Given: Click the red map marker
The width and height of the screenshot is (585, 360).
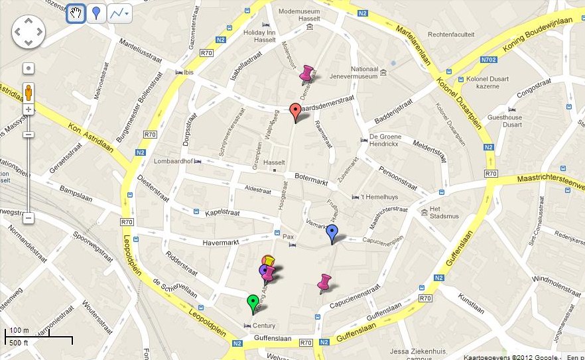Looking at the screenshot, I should point(296,111).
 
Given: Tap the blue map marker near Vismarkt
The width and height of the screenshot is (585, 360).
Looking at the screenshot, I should point(332,233).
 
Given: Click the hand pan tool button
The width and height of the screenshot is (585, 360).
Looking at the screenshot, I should point(76,13).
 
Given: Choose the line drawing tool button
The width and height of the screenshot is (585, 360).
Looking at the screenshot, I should point(119,13).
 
